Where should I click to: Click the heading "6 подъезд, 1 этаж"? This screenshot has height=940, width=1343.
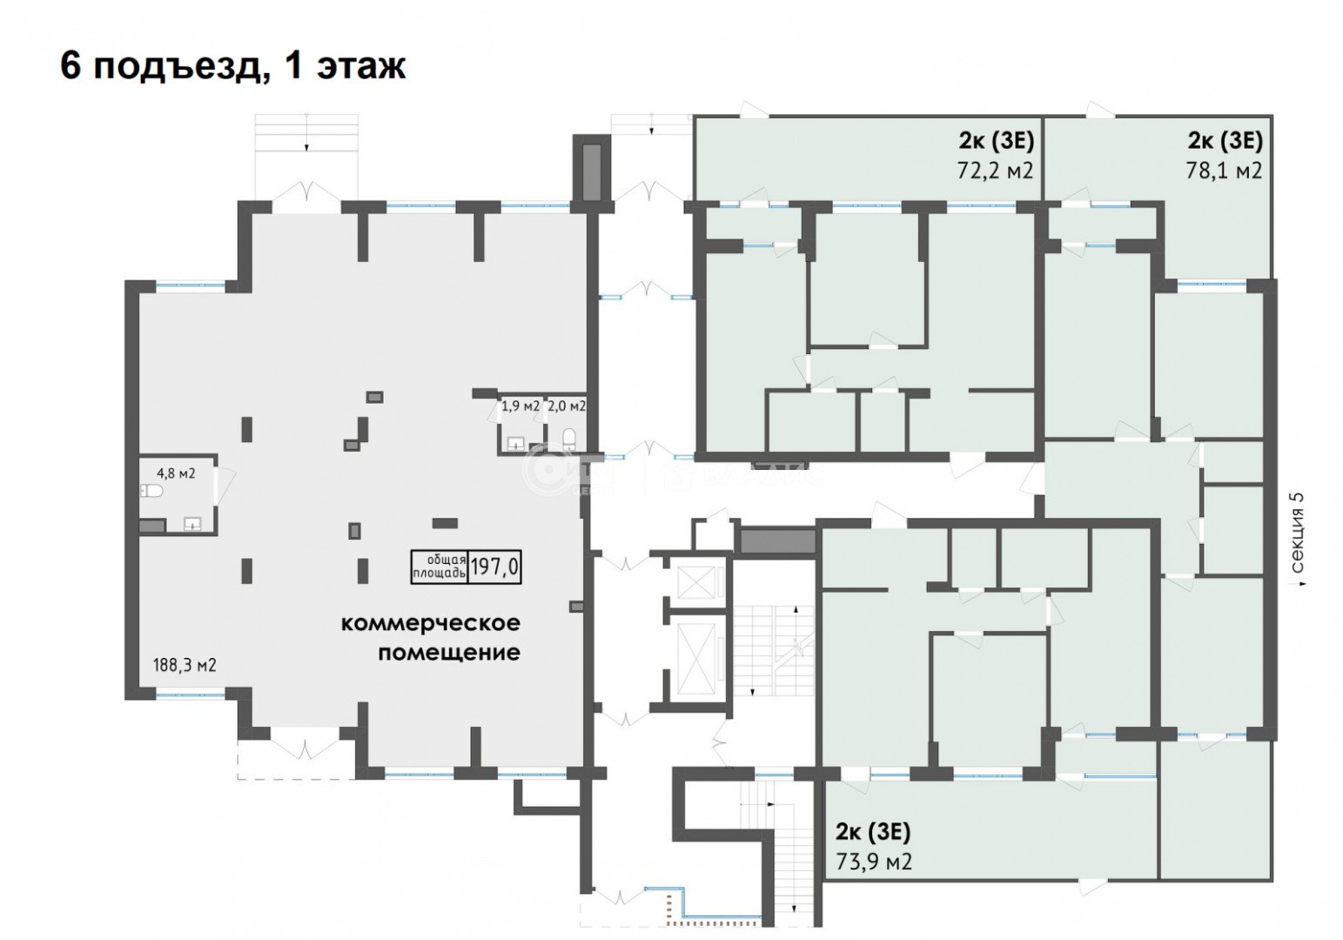[232, 66]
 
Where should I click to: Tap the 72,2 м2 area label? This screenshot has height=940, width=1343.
[995, 170]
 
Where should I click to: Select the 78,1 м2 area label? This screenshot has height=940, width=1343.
[1224, 170]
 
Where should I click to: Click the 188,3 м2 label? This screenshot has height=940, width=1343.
[183, 666]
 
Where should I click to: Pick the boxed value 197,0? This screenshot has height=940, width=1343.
[494, 567]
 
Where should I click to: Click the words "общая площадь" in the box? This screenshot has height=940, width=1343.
[440, 567]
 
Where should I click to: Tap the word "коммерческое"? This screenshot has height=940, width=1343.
[430, 623]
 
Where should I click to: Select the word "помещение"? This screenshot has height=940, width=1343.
[449, 652]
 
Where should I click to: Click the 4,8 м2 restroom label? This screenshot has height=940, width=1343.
[175, 473]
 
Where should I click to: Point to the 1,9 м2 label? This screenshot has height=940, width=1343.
[520, 406]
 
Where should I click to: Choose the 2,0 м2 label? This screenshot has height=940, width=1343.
[566, 406]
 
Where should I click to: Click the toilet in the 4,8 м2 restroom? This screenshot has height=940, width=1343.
[152, 493]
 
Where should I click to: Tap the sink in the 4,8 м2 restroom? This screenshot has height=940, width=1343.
[193, 523]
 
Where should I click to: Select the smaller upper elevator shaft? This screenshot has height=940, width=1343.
[694, 581]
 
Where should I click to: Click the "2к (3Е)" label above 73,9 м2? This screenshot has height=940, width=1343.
[873, 832]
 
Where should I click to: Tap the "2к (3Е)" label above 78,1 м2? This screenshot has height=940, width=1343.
[1225, 141]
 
